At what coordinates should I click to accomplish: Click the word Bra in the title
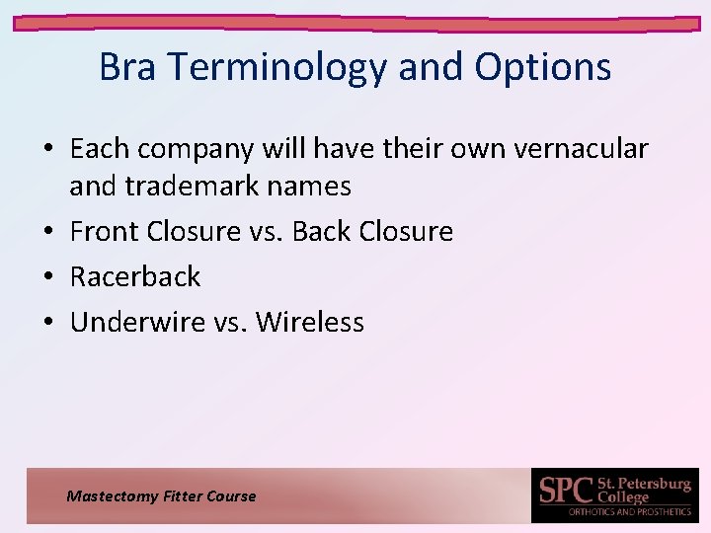126,67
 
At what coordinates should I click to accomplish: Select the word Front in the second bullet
105,231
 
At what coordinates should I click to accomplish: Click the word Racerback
135,276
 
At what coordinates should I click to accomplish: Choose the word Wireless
310,322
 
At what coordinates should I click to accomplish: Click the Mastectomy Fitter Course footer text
161,496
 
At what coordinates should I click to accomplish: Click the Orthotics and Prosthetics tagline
629,511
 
